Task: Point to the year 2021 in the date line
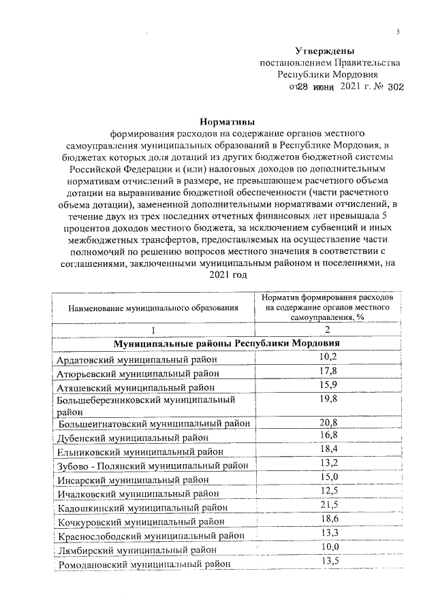351,87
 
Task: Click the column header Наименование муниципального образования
153,308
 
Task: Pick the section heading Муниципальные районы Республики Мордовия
226,344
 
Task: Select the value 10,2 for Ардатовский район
328,357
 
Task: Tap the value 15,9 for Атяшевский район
328,385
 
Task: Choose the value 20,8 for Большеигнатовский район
328,423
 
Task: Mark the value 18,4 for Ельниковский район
328,449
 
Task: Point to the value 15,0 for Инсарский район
328,477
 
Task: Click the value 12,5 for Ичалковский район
328,491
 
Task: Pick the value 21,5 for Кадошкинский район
328,505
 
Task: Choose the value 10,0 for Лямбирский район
328,547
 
